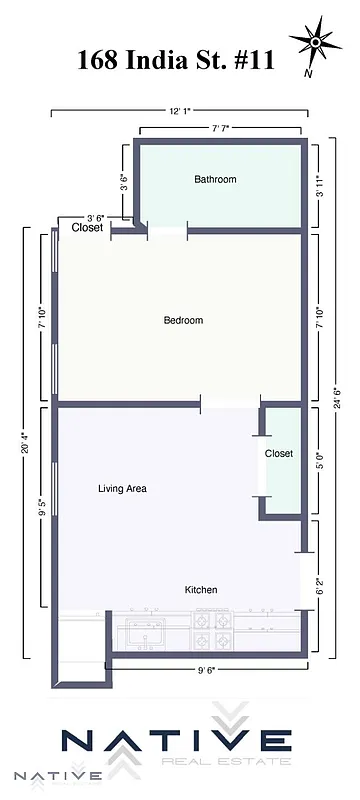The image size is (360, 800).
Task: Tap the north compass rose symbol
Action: (316, 44)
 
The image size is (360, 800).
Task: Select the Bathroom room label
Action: (215, 180)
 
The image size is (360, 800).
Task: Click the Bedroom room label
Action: (183, 321)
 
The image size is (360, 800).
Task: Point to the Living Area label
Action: (123, 489)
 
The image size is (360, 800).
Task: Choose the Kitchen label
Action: (201, 590)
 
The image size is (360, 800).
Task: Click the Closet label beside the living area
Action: (279, 454)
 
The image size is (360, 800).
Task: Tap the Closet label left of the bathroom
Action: (87, 228)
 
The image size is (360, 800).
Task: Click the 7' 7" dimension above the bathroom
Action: (220, 129)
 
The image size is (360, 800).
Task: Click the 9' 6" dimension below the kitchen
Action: (205, 671)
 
